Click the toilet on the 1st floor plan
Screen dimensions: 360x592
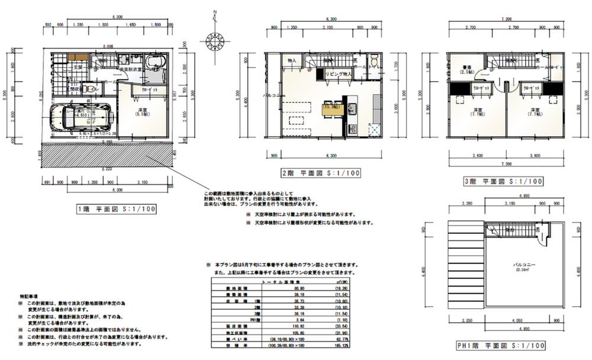(x=89, y=89)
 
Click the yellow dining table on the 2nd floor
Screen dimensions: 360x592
(x=332, y=108)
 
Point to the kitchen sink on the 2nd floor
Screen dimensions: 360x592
(x=350, y=108)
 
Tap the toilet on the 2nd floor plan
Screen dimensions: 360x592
(x=375, y=61)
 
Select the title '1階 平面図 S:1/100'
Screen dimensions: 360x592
(x=117, y=208)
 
